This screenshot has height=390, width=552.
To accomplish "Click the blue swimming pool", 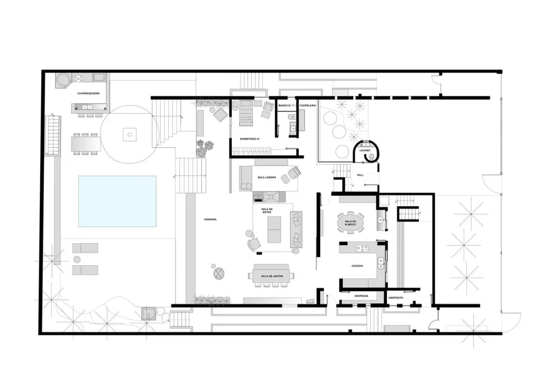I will coord(117,201).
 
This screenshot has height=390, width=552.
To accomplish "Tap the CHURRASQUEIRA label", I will coord(88,94).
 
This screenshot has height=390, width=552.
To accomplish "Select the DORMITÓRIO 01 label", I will coord(250,138).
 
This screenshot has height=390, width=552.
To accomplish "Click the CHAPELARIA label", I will coord(307,105).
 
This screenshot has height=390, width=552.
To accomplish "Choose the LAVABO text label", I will coord(365,150).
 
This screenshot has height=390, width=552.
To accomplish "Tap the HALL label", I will coord(360,175).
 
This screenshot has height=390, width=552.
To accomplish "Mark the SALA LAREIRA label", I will coord(267,178).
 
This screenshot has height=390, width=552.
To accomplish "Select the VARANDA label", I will coord(210,220).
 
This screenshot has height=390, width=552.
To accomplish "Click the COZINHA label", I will coord(357,266).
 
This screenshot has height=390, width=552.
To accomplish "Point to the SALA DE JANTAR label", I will coord(272,276).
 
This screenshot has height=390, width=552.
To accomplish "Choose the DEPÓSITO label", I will coord(396,298).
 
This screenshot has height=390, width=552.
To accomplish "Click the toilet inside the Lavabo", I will coord(371,157).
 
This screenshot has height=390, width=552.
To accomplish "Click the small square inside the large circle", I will coord(129,133).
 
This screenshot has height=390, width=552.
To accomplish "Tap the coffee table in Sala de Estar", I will coord(274,229).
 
